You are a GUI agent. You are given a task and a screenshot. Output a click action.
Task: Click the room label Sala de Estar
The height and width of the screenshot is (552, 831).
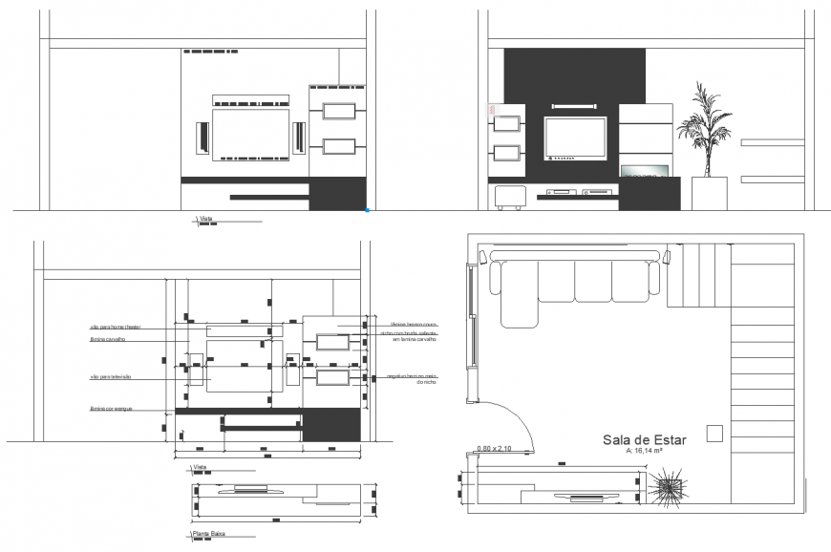click(639, 439)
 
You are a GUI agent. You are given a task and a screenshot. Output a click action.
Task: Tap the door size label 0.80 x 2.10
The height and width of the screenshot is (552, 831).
click(494, 448)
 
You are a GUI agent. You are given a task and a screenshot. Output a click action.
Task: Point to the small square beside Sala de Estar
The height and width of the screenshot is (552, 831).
click(714, 434)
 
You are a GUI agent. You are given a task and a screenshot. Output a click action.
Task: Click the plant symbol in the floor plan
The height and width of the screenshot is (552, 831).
click(668, 488)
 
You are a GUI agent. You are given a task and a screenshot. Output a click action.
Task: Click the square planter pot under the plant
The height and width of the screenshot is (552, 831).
click(709, 193)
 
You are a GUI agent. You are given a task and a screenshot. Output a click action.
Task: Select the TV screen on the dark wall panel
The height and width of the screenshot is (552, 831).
click(575, 138)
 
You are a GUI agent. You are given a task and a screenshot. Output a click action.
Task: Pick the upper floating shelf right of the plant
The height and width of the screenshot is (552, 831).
click(772, 142)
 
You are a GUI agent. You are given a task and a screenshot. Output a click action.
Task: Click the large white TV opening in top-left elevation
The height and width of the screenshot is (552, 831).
click(250, 133)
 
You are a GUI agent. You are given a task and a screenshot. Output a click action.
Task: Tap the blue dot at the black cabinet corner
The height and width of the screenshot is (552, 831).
click(368, 209)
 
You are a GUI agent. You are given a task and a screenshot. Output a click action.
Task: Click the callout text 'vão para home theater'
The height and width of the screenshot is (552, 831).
click(115, 328)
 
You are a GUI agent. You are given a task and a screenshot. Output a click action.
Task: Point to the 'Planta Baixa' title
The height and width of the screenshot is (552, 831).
click(210, 534)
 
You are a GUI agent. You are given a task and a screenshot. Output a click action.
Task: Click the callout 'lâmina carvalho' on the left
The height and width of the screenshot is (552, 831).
click(108, 339)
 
